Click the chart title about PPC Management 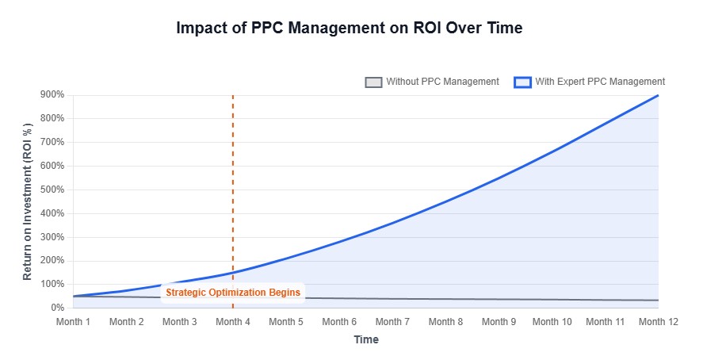(x=350, y=28)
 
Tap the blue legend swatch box (x=523, y=82)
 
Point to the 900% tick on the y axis (x=52, y=95)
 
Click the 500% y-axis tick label (x=52, y=190)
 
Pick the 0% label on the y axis (x=56, y=308)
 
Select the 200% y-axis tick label (x=52, y=261)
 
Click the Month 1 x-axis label (x=73, y=322)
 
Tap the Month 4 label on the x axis (x=232, y=322)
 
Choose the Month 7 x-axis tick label (x=392, y=322)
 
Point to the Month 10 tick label (x=552, y=322)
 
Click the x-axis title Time (x=365, y=340)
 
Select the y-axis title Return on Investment (x=28, y=201)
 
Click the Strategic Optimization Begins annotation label (x=233, y=293)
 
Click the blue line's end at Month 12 (x=658, y=96)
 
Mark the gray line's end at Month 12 (x=658, y=300)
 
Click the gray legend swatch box (x=373, y=82)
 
